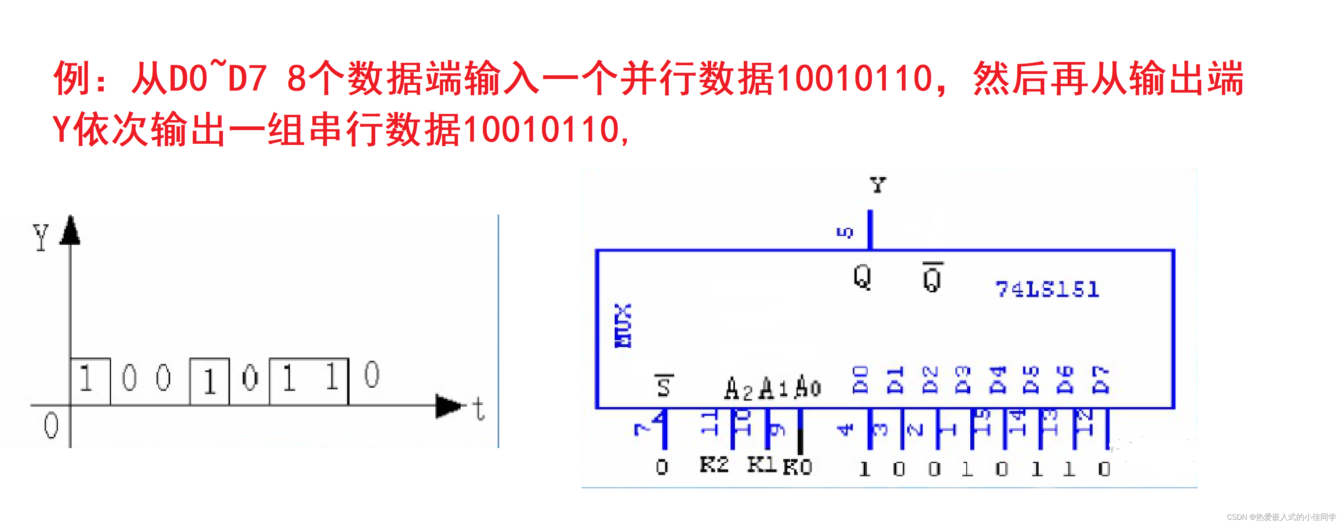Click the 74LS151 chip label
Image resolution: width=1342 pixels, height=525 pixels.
1047,289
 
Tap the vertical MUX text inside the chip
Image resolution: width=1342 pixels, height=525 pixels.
623,325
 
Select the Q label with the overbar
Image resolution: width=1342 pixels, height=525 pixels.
932,277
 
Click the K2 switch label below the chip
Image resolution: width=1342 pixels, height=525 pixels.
714,463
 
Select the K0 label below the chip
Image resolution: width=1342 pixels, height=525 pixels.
797,466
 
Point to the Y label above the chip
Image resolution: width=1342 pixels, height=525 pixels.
878,185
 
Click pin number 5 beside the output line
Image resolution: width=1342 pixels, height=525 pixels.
845,233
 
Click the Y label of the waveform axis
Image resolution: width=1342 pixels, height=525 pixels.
41,237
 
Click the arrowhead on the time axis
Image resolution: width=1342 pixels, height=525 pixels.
448,405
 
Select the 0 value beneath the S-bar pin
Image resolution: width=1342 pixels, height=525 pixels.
662,467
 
